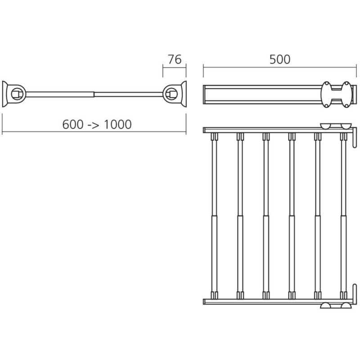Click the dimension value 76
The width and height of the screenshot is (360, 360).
[x=175, y=59]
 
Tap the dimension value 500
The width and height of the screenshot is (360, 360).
[x=279, y=59]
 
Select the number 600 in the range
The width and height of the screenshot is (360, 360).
[x=73, y=125]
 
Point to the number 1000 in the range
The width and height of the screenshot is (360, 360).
[x=118, y=125]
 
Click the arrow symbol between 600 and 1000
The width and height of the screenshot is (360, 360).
[x=94, y=125]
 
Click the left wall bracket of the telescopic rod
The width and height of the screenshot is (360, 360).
[x=14, y=94]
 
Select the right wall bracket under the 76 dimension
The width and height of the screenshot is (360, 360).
[x=175, y=94]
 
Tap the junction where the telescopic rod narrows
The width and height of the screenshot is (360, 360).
[x=94, y=94]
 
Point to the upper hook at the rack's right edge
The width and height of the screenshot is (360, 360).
[x=355, y=137]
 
